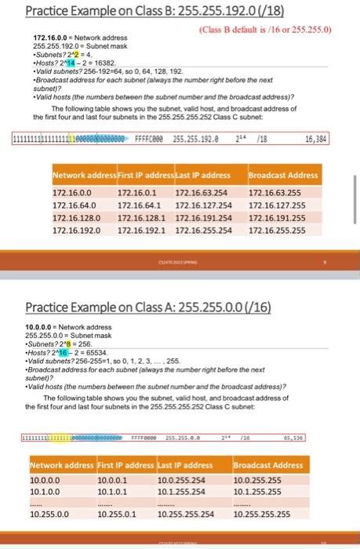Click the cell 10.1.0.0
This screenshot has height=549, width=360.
pyautogui.click(x=45, y=489)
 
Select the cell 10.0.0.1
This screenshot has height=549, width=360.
pyautogui.click(x=115, y=478)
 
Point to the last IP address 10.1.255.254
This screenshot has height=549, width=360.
pyautogui.click(x=183, y=489)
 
